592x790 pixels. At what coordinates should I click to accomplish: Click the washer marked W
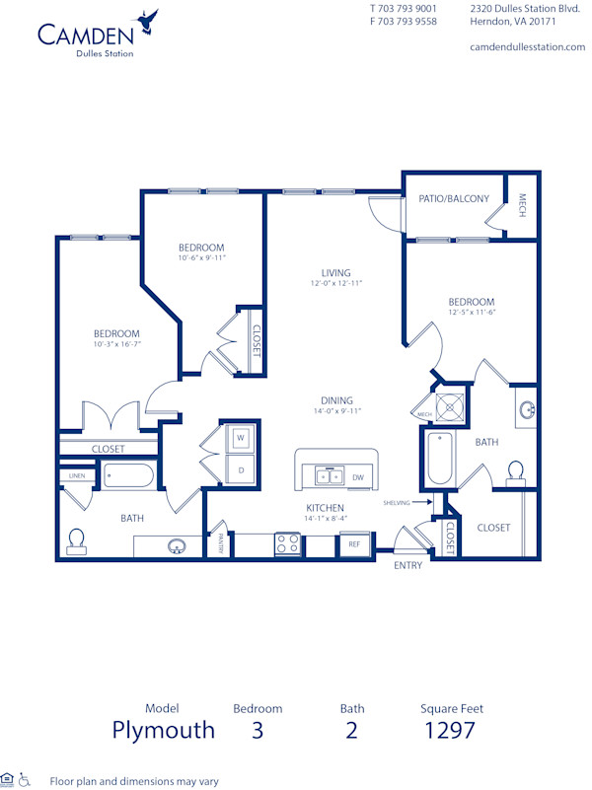pos(240,437)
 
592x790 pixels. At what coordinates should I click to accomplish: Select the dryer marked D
pos(240,468)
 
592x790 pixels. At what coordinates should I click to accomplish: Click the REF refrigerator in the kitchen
pos(353,542)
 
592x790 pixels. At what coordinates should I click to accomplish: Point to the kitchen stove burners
pos(286,543)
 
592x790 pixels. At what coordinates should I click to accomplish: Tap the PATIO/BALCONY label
pos(454,198)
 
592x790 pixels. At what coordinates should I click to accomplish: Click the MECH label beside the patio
pos(523,204)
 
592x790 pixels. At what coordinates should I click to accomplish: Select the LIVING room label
pos(336,273)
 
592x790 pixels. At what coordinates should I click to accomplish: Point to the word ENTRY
pos(408,565)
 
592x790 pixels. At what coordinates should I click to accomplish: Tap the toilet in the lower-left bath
pos(76,539)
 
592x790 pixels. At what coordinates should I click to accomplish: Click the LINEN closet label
pos(76,476)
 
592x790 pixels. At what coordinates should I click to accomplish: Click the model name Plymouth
pos(163,730)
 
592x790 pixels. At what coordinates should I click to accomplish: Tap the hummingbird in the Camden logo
pos(151,19)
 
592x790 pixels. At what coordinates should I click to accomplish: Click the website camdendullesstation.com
pos(528,46)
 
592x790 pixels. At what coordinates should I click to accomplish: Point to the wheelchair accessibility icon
pos(25,779)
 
